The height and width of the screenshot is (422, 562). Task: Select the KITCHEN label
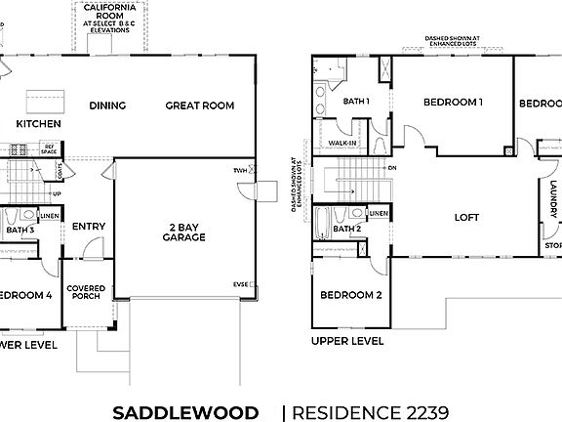pos(39,124)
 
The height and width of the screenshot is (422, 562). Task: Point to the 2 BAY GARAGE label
pos(182,232)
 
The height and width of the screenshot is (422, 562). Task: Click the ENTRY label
pos(89,227)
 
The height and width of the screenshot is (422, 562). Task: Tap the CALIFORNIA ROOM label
pos(109,12)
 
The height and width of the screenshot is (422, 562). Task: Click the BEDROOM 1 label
pos(453,102)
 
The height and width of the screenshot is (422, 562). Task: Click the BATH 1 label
pos(356,101)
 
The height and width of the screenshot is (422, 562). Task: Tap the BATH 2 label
pos(347,230)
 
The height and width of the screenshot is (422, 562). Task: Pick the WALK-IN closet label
pos(342,143)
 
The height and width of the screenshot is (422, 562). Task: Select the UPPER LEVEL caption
pos(347,342)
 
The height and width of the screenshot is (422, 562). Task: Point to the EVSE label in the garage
pos(240,284)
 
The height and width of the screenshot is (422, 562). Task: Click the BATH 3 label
pos(19,230)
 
